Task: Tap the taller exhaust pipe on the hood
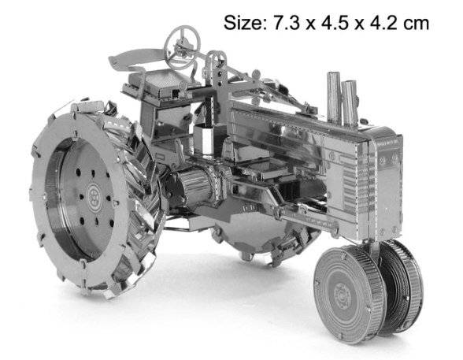click(334, 98)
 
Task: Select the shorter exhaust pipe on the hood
click(350, 103)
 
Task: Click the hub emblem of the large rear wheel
click(94, 195)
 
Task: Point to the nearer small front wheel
click(348, 293)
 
